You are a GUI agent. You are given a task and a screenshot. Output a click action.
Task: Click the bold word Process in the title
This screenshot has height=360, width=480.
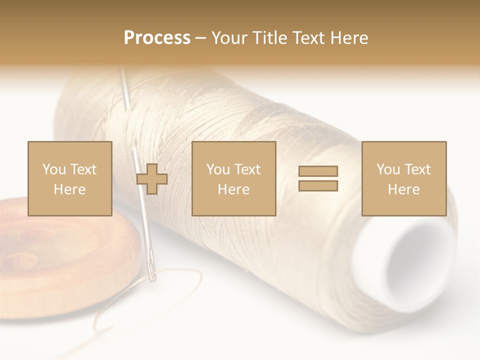(157, 38)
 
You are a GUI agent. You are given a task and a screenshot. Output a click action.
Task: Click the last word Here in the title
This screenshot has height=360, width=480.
(349, 38)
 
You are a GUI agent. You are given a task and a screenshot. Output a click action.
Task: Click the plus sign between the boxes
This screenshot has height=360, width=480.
(152, 179)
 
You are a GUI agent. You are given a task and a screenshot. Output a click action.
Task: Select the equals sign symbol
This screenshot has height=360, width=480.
(318, 178)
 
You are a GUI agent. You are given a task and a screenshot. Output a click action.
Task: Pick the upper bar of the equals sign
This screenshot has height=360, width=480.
(318, 171)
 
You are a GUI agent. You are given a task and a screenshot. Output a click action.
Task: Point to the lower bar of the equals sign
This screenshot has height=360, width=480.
(318, 185)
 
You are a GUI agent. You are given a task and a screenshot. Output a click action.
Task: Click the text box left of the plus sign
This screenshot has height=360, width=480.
(69, 178)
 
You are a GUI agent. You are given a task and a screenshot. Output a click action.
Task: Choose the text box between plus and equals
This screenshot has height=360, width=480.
(233, 178)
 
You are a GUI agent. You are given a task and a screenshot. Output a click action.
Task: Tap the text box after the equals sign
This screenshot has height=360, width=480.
(403, 178)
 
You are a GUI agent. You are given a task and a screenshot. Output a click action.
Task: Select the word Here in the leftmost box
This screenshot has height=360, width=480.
(69, 189)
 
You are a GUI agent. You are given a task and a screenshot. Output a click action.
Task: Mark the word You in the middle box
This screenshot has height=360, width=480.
(218, 169)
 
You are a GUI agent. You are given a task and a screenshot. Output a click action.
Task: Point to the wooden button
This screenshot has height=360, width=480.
(60, 255)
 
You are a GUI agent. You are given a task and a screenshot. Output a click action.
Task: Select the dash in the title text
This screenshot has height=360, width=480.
(200, 38)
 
